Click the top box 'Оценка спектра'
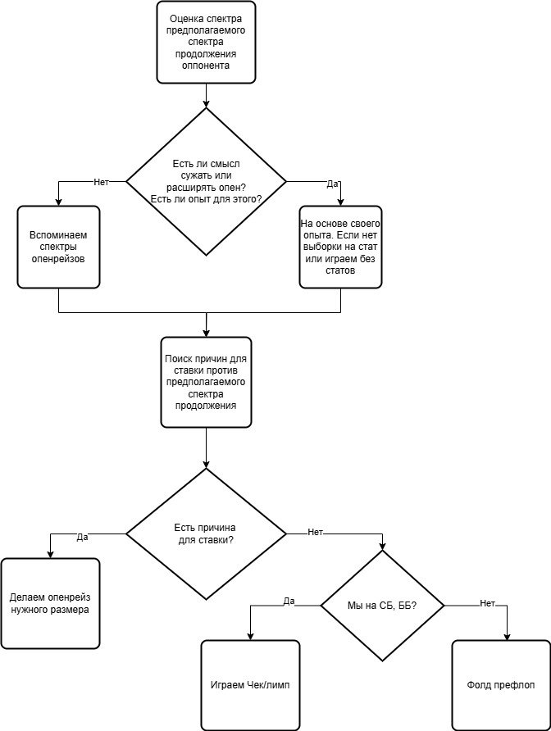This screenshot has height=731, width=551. click(206, 42)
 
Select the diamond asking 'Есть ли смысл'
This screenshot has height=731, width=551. click(206, 182)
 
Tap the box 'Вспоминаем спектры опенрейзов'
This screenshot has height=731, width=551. click(58, 247)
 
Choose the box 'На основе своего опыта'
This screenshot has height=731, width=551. click(340, 247)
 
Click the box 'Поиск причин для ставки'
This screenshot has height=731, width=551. click(206, 382)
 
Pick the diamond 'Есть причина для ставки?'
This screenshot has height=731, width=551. click(206, 533)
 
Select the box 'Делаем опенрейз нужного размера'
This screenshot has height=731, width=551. click(50, 603)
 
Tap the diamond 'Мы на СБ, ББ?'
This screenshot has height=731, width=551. click(382, 606)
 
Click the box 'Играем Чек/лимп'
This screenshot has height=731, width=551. click(250, 685)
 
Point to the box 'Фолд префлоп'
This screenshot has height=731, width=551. click(501, 685)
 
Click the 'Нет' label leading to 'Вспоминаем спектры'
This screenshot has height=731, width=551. click(101, 182)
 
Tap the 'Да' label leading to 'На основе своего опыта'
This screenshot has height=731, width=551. click(332, 184)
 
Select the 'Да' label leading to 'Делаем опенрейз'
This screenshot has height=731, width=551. click(82, 537)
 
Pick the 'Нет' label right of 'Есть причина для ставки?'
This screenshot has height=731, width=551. click(316, 532)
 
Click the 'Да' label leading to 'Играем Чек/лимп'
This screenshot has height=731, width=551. click(289, 601)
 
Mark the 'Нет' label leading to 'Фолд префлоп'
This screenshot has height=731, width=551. click(487, 603)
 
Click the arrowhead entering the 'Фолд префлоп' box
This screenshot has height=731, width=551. click(508, 638)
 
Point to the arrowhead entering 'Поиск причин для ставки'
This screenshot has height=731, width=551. click(207, 334)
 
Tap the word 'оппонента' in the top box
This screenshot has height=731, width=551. click(206, 66)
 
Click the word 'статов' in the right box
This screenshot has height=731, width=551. click(340, 270)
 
